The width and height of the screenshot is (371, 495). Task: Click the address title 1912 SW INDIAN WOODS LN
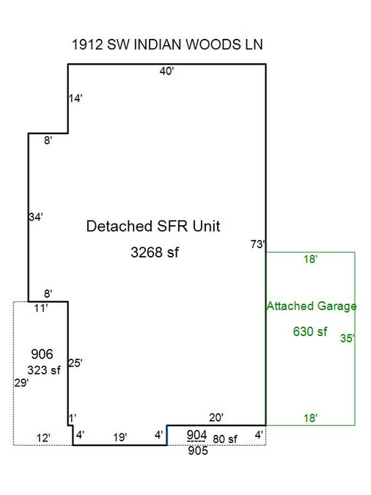(x=167, y=45)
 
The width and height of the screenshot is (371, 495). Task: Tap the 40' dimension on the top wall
(x=166, y=71)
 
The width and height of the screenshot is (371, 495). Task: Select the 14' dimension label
(x=76, y=98)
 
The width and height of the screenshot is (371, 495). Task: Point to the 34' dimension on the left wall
(x=36, y=217)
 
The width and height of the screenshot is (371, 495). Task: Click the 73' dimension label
(x=257, y=244)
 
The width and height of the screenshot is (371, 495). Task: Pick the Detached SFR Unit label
(x=153, y=226)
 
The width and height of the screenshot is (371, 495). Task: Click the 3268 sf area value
(x=155, y=252)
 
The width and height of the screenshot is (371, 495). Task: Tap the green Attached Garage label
(x=312, y=306)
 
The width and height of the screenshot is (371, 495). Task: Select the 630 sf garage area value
(x=310, y=331)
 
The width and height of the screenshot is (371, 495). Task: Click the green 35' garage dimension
(x=347, y=338)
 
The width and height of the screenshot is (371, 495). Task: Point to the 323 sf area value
(x=43, y=370)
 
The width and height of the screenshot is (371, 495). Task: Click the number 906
(x=42, y=354)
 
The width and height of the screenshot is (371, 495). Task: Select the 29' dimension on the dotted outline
(x=21, y=383)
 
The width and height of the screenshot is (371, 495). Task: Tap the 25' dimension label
(x=75, y=363)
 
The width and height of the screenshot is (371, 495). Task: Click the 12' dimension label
(x=43, y=438)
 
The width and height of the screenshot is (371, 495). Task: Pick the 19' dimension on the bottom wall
(x=120, y=437)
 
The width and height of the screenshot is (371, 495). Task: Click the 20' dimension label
(x=216, y=417)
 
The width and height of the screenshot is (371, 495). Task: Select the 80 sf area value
(x=225, y=439)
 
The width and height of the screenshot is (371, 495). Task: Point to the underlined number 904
(x=196, y=435)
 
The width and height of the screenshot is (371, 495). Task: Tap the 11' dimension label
(x=41, y=308)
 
